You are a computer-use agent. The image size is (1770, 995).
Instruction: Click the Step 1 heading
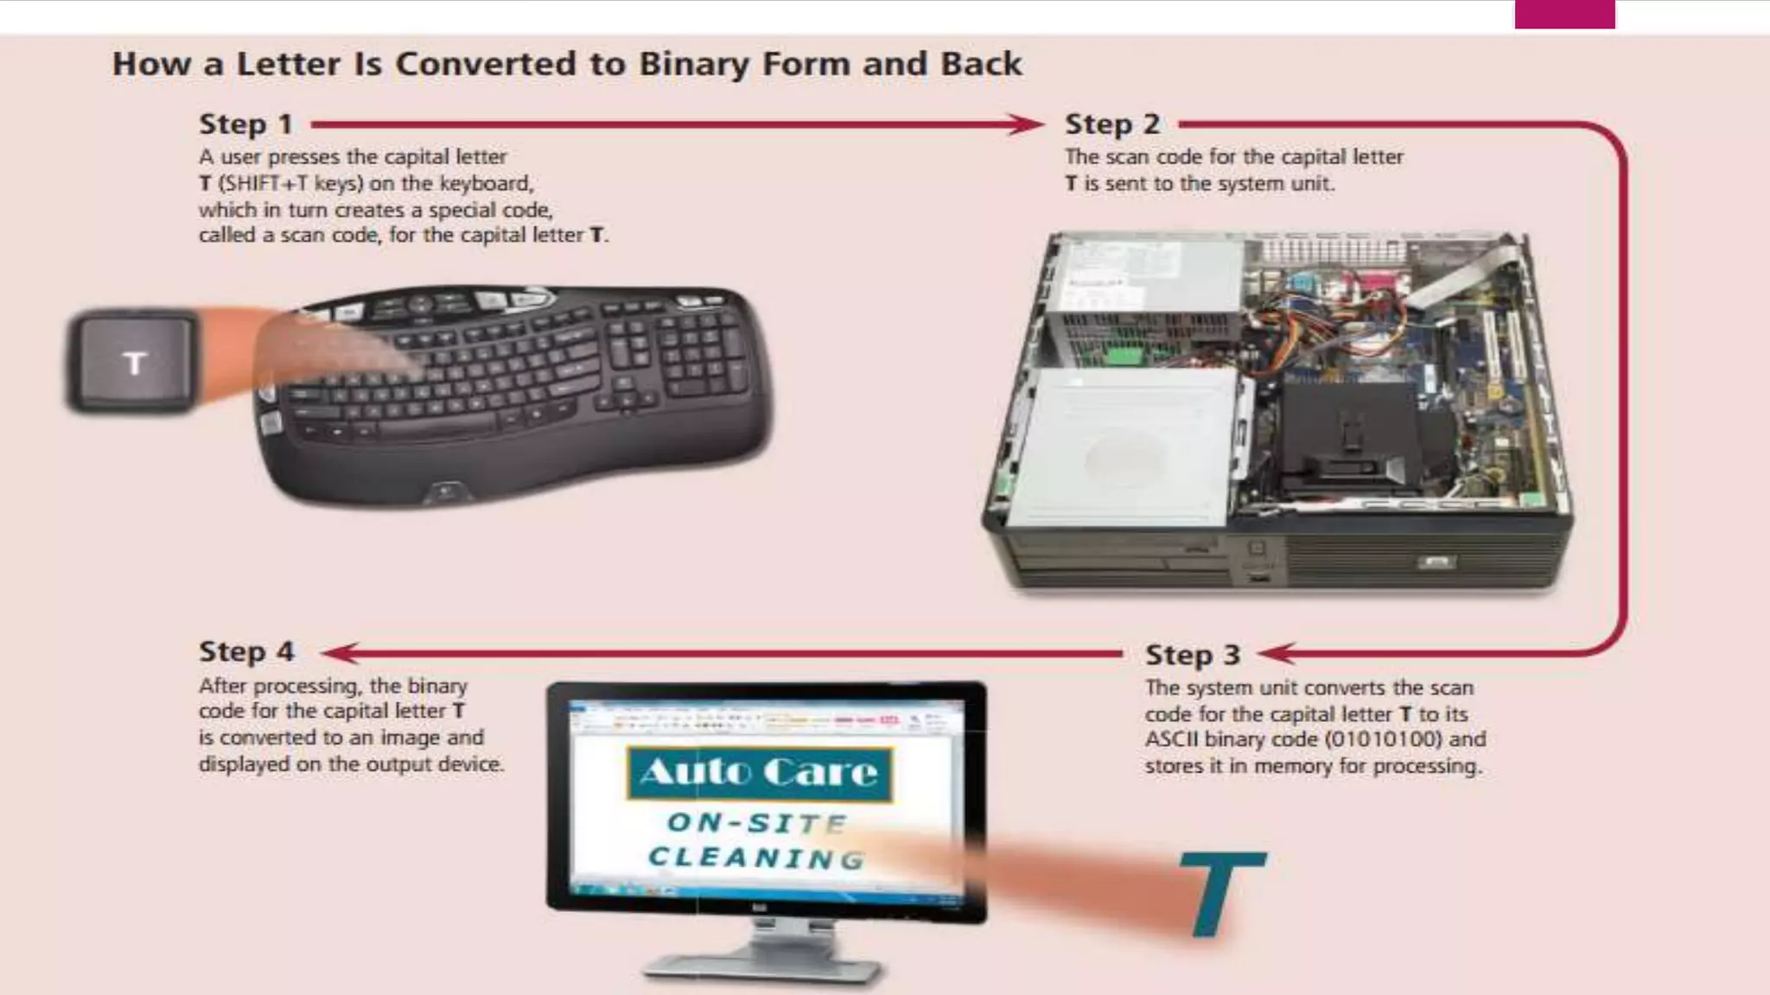coord(246,124)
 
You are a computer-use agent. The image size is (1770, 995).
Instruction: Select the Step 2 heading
coord(1112,124)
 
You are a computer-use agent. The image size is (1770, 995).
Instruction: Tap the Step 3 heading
coord(1193,655)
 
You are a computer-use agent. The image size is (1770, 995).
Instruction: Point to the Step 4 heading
coord(246,651)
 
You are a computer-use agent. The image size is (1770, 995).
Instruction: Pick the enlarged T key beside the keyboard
coord(133,361)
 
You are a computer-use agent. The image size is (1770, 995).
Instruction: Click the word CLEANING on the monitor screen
coord(757,858)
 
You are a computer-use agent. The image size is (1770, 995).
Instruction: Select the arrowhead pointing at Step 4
coord(339,653)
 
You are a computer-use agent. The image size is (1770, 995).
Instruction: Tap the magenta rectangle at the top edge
coord(1564,14)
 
